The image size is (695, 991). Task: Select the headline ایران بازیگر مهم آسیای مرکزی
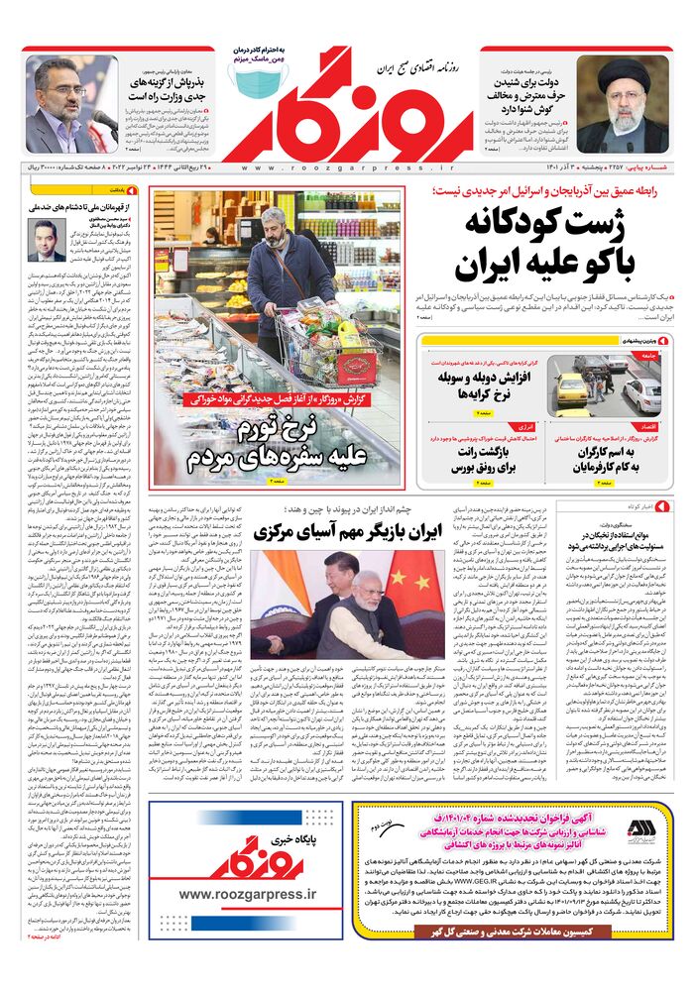tap(346, 531)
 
